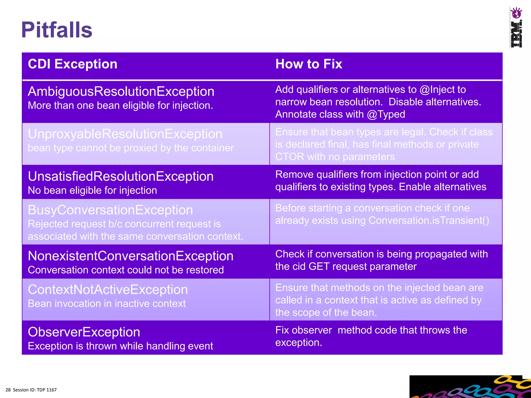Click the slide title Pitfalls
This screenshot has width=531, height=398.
coord(57,30)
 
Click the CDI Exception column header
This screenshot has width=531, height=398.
coord(73,64)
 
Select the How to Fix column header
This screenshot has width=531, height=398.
coord(309,64)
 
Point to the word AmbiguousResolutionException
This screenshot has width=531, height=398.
coord(121,91)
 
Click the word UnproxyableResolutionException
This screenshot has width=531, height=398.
coord(125,134)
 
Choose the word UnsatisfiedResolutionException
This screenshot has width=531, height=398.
coord(121,176)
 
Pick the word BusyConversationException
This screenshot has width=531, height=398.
coord(110,210)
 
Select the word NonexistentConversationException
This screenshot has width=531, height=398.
coord(130,256)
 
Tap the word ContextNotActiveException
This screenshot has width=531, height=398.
coord(108,290)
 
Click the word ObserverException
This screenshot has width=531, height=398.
coord(84,332)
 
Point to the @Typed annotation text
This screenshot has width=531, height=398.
coord(386,115)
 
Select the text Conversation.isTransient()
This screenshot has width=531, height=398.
coord(429,221)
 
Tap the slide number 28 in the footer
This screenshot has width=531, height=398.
coord(8,390)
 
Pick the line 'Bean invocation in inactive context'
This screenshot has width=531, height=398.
coord(107,304)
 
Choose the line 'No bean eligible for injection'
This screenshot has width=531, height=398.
coord(92,190)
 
